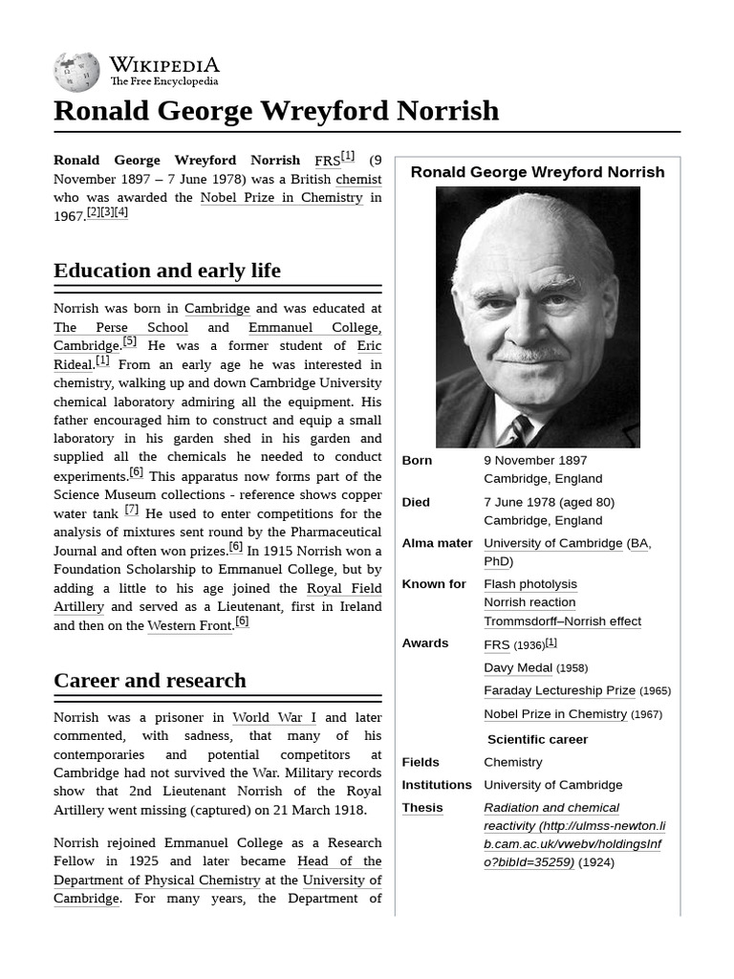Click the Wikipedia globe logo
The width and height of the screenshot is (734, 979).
(76, 71)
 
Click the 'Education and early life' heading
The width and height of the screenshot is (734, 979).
(167, 271)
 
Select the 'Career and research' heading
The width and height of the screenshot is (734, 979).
(150, 681)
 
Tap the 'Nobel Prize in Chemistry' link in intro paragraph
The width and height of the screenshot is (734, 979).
(281, 198)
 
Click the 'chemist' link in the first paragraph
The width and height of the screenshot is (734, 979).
(358, 179)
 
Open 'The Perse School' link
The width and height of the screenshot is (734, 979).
(120, 327)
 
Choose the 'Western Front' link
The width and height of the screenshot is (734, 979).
(189, 625)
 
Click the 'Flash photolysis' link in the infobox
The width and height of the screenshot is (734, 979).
(530, 584)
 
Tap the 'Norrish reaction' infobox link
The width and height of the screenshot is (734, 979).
(529, 602)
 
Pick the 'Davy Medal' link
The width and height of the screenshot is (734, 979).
(518, 667)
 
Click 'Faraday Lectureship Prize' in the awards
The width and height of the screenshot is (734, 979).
(559, 690)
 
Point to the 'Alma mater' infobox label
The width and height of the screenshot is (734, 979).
(437, 543)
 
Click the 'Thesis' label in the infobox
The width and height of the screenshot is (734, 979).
(422, 808)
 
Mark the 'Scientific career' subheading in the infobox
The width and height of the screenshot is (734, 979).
(537, 739)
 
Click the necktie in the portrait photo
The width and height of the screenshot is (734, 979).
(521, 429)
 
